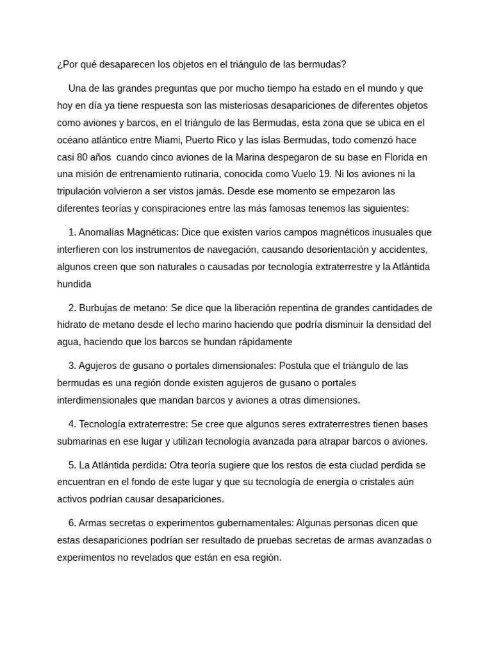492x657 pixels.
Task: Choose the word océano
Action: point(75,140)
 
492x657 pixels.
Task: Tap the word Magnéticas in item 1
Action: point(153,232)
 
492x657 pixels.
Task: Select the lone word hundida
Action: point(74,284)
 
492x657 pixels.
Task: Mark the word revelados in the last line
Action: point(151,558)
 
